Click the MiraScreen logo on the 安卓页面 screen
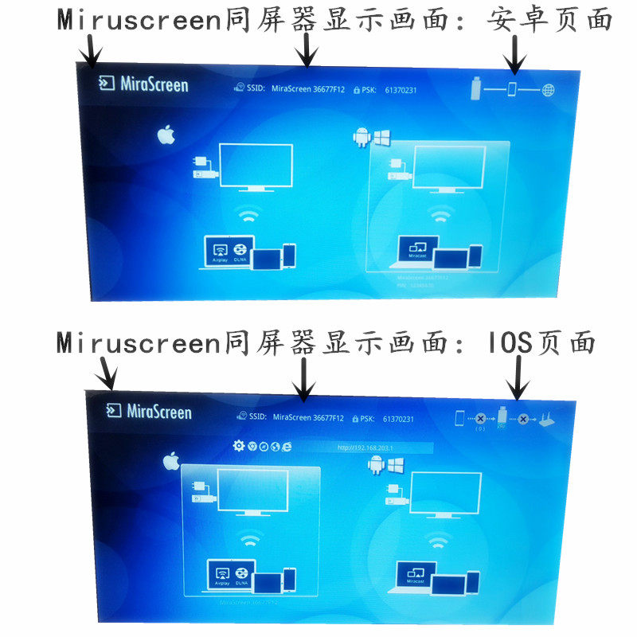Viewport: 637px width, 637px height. pyautogui.click(x=144, y=84)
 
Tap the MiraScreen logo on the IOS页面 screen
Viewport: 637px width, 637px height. pyautogui.click(x=149, y=411)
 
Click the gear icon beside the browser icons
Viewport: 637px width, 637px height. pyautogui.click(x=238, y=446)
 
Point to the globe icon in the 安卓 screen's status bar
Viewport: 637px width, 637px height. pyautogui.click(x=548, y=89)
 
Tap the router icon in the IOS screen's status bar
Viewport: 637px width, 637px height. pyautogui.click(x=548, y=418)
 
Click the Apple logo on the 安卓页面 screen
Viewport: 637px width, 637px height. pyautogui.click(x=166, y=135)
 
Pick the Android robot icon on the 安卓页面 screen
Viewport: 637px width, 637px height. pyautogui.click(x=362, y=137)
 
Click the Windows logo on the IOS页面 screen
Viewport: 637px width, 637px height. pyautogui.click(x=397, y=464)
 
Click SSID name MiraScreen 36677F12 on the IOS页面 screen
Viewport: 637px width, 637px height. pyautogui.click(x=309, y=417)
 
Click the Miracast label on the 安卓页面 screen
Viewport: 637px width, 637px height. pyautogui.click(x=417, y=256)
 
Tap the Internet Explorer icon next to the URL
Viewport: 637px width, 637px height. pyautogui.click(x=286, y=447)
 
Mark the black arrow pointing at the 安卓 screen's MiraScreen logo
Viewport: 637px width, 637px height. pyautogui.click(x=93, y=52)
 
